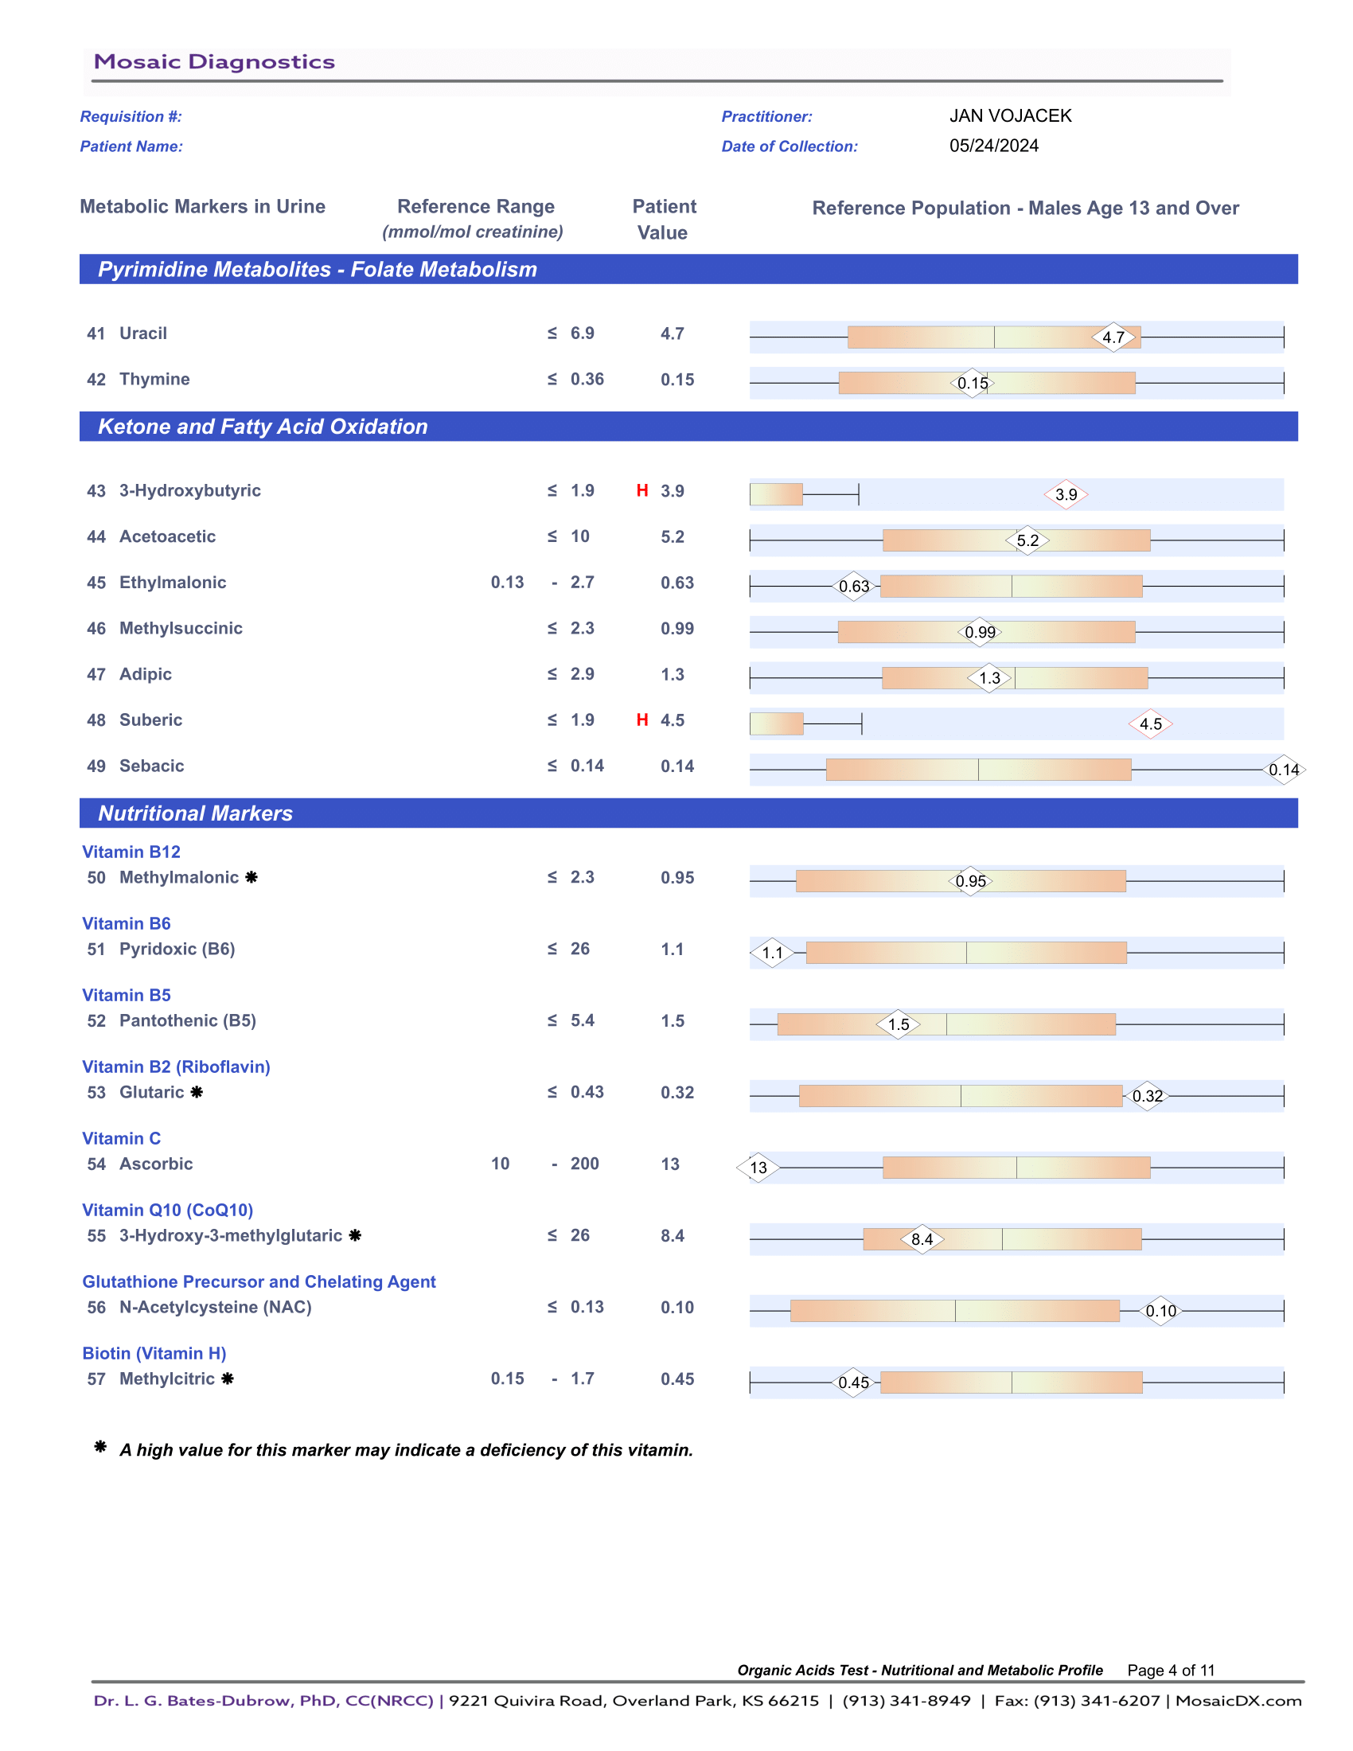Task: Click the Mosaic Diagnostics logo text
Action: pyautogui.click(x=214, y=62)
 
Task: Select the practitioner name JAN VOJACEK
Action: pyautogui.click(x=1010, y=115)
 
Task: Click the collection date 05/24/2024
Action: pyautogui.click(x=993, y=146)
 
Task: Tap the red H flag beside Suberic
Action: pyautogui.click(x=642, y=720)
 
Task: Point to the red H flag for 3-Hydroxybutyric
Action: pyautogui.click(x=642, y=490)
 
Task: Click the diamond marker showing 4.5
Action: pyautogui.click(x=1150, y=724)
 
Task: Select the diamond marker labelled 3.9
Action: pyautogui.click(x=1065, y=495)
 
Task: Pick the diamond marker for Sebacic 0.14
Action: pyautogui.click(x=1283, y=770)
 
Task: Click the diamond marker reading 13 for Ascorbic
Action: pyautogui.click(x=758, y=1168)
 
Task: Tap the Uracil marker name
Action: pyautogui.click(x=142, y=333)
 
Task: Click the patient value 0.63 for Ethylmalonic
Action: pyautogui.click(x=677, y=583)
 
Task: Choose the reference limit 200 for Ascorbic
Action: pyautogui.click(x=584, y=1164)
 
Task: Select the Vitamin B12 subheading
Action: pyautogui.click(x=131, y=852)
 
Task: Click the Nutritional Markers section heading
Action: pyautogui.click(x=196, y=813)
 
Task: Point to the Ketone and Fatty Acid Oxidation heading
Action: pyautogui.click(x=263, y=427)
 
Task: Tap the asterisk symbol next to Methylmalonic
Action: pyautogui.click(x=251, y=877)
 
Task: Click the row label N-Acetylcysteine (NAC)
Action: pyautogui.click(x=215, y=1307)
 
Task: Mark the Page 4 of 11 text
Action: pyautogui.click(x=1170, y=1670)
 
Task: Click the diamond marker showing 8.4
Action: pyautogui.click(x=922, y=1239)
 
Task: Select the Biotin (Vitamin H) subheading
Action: pyautogui.click(x=154, y=1353)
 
